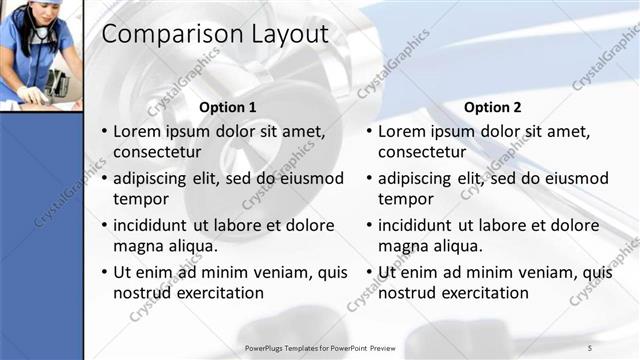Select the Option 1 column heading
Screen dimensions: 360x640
tap(228, 107)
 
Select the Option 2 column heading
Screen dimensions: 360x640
tap(493, 107)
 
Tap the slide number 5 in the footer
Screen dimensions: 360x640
tap(589, 346)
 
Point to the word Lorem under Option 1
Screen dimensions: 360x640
tap(138, 131)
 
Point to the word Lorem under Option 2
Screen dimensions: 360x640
tap(403, 131)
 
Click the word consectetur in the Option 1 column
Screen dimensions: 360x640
tap(157, 153)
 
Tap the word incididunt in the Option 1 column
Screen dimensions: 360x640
tap(152, 225)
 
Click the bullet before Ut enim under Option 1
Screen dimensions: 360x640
tap(103, 272)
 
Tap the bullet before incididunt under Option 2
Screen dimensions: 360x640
tap(369, 225)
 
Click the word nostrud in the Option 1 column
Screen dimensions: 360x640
tap(140, 293)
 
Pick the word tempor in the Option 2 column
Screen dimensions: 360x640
tap(405, 199)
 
